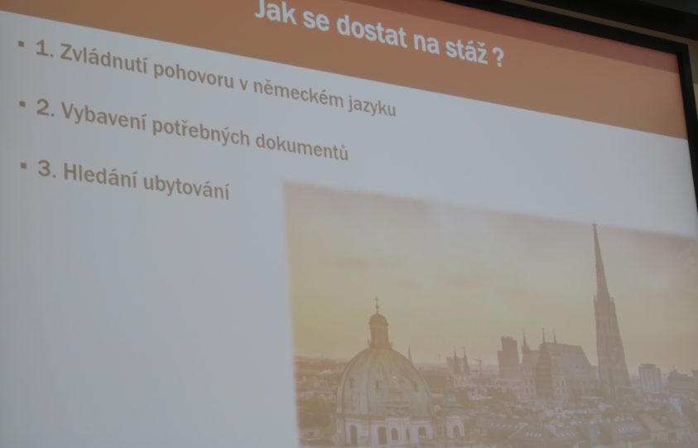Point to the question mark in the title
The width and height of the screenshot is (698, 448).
pyautogui.click(x=498, y=57)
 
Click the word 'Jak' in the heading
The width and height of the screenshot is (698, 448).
pyautogui.click(x=275, y=12)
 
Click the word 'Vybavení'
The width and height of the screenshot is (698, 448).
pyautogui.click(x=103, y=117)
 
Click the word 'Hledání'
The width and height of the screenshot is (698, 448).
pyautogui.click(x=101, y=176)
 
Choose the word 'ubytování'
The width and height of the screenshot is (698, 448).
pyautogui.click(x=186, y=188)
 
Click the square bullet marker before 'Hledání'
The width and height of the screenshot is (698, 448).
pyautogui.click(x=23, y=166)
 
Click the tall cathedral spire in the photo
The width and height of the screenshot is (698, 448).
pyautogui.click(x=608, y=311)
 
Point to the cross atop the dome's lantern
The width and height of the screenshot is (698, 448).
pyautogui.click(x=377, y=306)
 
